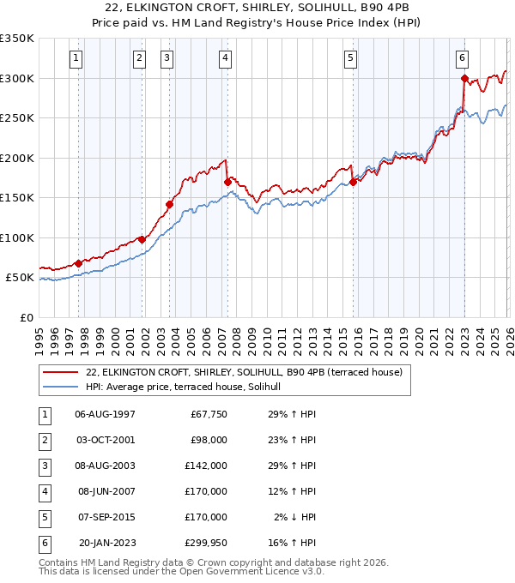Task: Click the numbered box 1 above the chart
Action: click(x=76, y=58)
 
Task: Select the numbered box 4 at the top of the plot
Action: click(x=224, y=58)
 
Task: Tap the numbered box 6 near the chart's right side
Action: click(x=462, y=58)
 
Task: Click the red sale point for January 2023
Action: click(x=464, y=78)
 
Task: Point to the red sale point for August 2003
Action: click(x=169, y=204)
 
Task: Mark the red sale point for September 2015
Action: click(x=353, y=182)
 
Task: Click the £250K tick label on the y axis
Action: click(x=16, y=118)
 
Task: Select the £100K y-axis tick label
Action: click(x=16, y=237)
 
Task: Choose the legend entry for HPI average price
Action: click(x=189, y=387)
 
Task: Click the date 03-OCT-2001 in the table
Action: click(x=105, y=440)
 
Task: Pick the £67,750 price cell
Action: click(x=208, y=414)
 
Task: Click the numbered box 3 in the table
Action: click(x=43, y=466)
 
